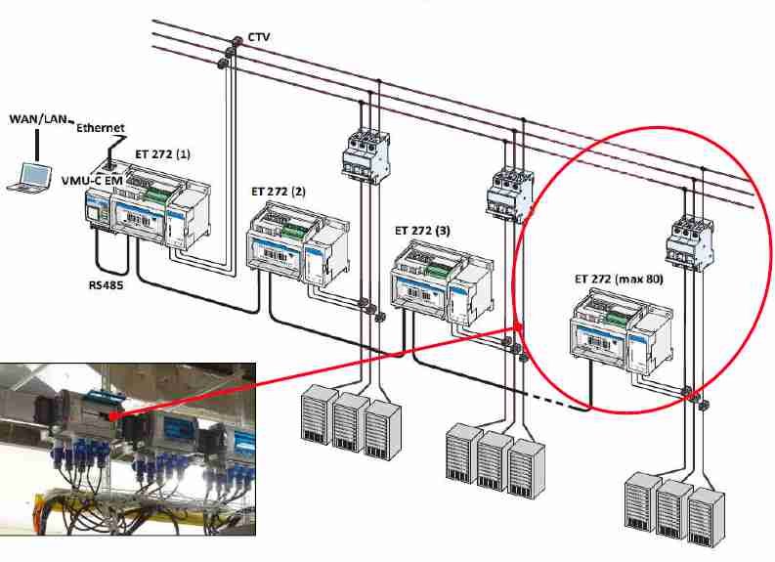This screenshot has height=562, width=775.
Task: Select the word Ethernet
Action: (x=100, y=128)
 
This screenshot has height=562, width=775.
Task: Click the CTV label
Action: (x=259, y=37)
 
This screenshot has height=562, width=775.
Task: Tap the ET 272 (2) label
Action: (x=279, y=192)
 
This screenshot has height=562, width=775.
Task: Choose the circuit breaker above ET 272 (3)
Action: (x=509, y=191)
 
